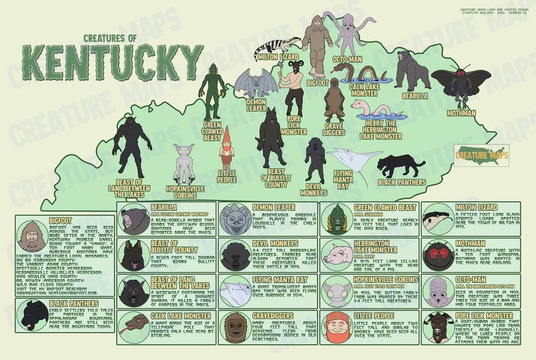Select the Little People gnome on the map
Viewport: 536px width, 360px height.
226,149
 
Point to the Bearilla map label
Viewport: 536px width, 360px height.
414,96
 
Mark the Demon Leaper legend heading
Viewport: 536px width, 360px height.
273,207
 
